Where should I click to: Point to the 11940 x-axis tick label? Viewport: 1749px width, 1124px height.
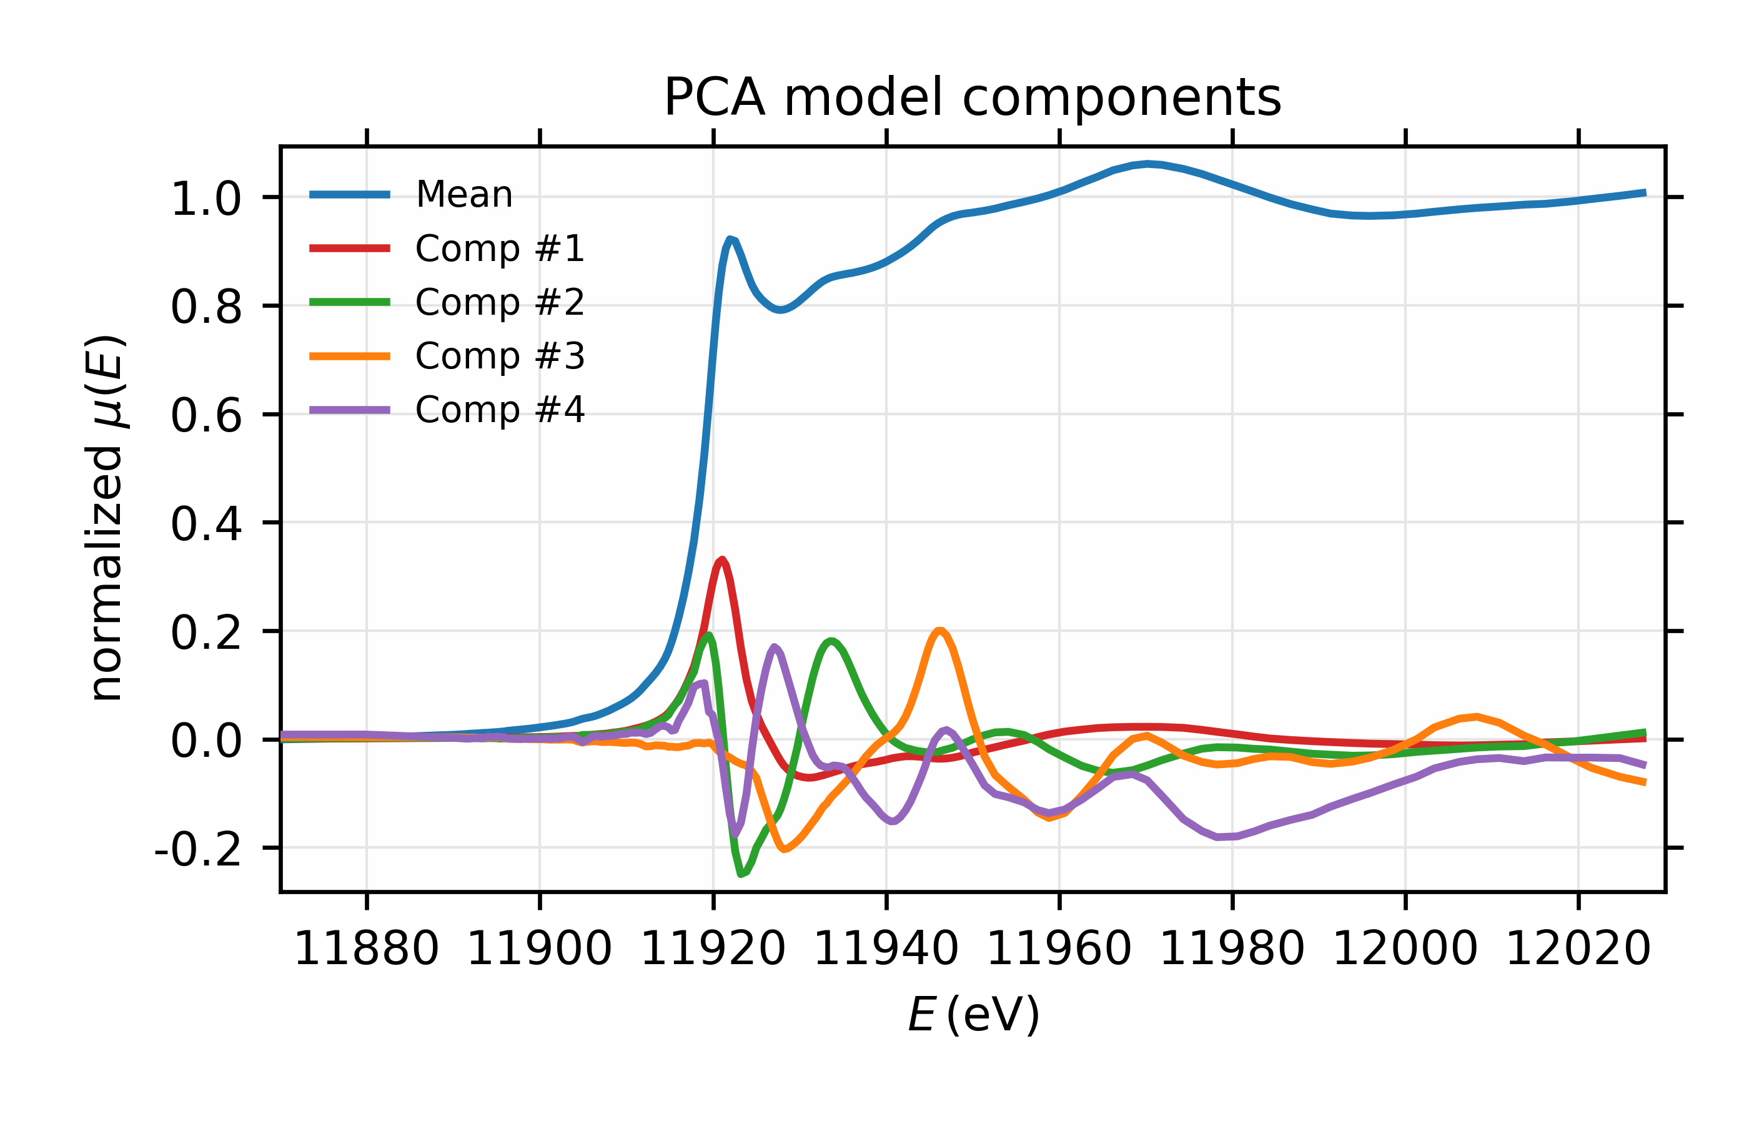click(x=886, y=950)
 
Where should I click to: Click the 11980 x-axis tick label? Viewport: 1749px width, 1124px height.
click(x=1232, y=950)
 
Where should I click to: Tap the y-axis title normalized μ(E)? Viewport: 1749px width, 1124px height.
click(x=105, y=518)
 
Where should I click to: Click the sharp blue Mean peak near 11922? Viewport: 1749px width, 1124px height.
click(x=730, y=239)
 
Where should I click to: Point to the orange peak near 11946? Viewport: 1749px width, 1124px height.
click(x=939, y=630)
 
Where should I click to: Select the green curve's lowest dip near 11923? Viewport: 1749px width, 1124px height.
click(x=741, y=874)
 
